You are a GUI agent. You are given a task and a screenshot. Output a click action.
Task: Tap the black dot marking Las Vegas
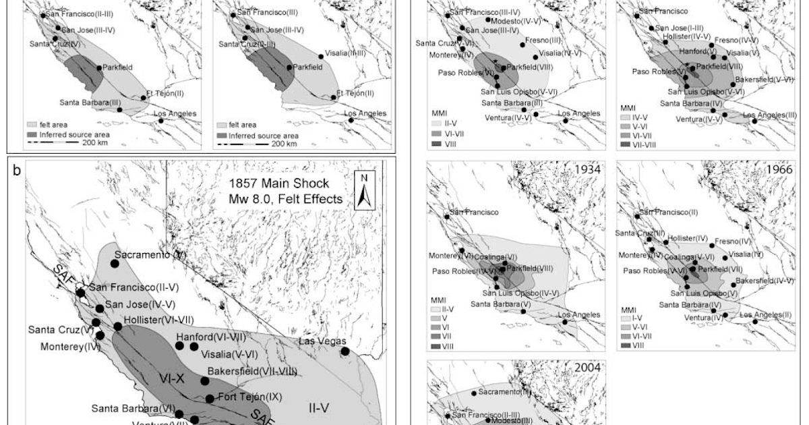pyautogui.click(x=344, y=351)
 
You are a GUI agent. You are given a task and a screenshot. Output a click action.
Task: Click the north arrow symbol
pyautogui.click(x=363, y=190)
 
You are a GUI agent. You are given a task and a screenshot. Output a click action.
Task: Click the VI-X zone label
pyautogui.click(x=173, y=378)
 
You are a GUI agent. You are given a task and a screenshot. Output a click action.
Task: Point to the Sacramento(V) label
pyautogui.click(x=150, y=255)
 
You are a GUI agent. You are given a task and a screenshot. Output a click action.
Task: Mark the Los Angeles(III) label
pyautogui.click(x=768, y=115)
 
